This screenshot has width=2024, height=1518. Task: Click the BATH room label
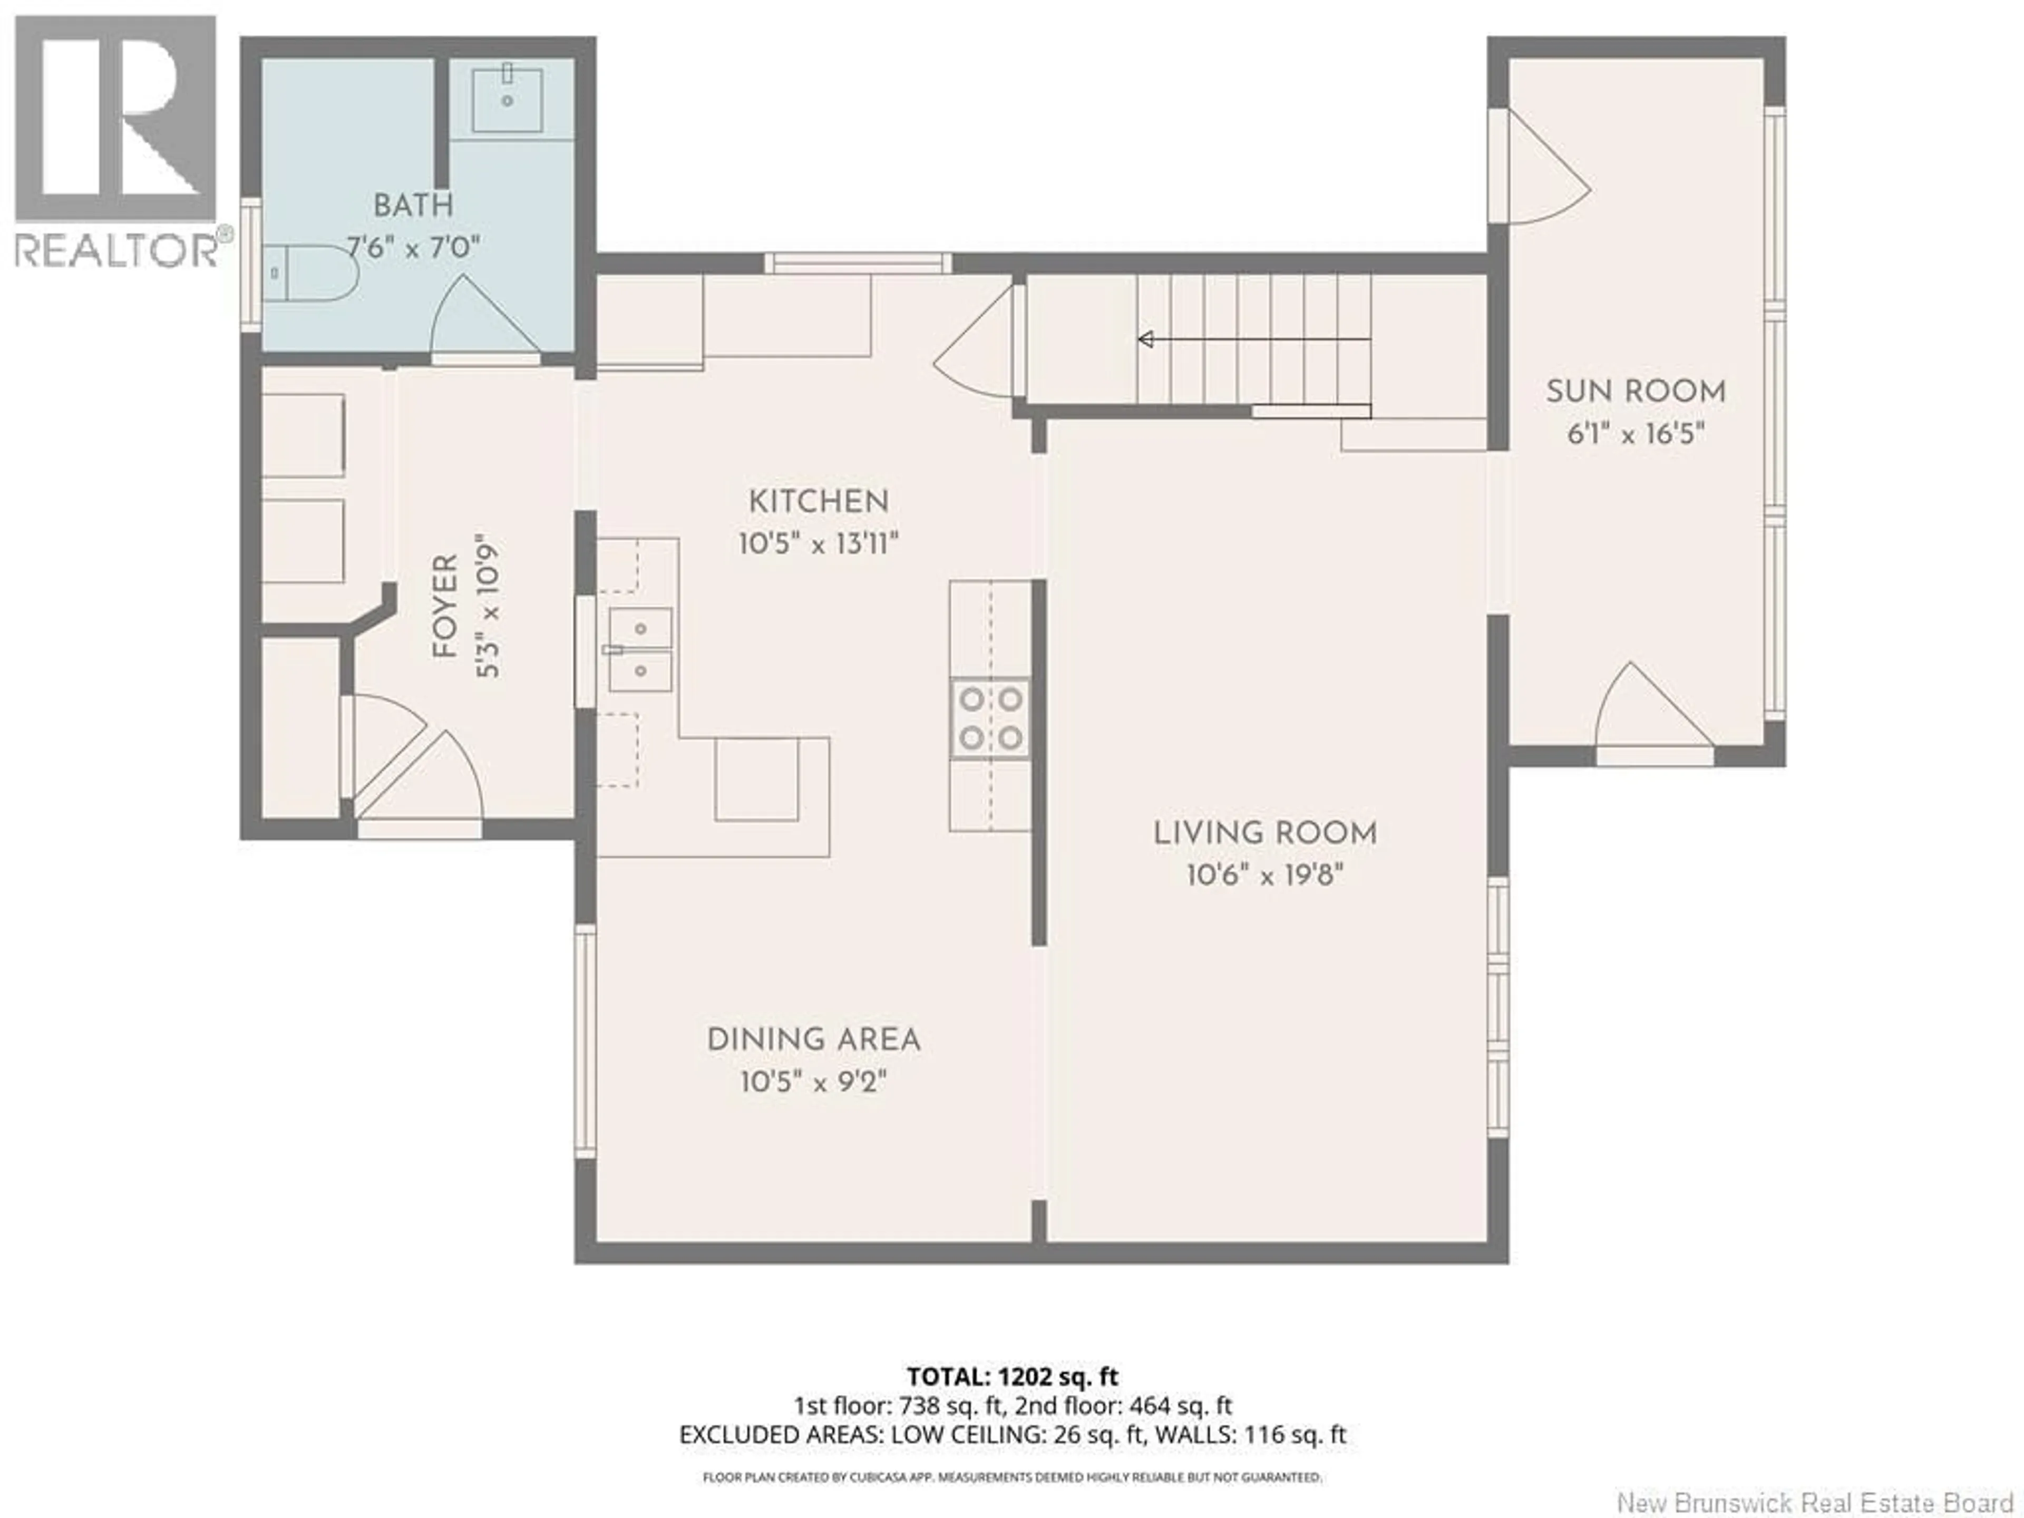tap(413, 205)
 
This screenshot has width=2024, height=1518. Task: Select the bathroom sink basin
tap(507, 99)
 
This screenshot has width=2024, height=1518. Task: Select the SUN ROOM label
tap(1635, 392)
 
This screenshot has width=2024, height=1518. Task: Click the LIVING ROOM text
tap(1264, 833)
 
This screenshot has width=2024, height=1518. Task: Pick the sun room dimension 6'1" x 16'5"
tap(1635, 434)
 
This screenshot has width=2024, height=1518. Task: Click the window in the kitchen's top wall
tap(858, 264)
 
